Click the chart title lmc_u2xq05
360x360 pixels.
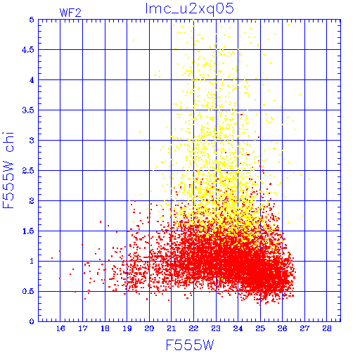190,9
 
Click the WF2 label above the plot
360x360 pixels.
70,13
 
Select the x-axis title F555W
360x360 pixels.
190,345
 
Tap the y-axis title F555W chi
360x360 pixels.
8,170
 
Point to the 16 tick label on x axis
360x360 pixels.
60,328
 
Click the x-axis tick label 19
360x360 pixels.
127,328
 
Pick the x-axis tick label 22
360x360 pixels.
193,328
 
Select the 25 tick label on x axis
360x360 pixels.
260,328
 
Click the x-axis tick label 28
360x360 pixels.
327,328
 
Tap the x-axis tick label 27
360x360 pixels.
304,328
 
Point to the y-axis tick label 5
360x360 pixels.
32,20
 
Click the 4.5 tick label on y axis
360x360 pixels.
28,50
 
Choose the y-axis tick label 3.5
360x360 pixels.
28,110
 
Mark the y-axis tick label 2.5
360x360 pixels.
28,171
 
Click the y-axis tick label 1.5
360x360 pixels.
28,231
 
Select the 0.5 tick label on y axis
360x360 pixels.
28,292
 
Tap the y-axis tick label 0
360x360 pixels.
32,321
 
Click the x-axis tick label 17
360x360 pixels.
83,328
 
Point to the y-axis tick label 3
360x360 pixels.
32,141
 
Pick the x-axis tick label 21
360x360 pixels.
172,328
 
